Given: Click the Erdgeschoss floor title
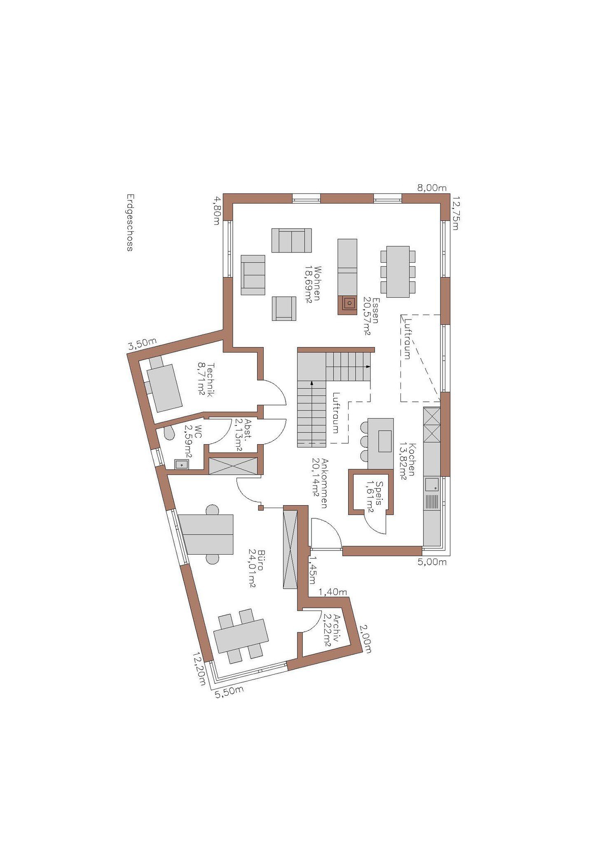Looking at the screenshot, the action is click(130, 222).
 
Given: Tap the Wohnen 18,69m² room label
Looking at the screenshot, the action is click(313, 284).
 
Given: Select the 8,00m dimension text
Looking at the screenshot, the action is click(432, 188).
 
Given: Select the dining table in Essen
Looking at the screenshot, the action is click(398, 272).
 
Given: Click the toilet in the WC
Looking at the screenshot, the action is click(168, 433).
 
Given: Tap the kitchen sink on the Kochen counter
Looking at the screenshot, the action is click(432, 485).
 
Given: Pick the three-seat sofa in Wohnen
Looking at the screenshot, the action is click(291, 240).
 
